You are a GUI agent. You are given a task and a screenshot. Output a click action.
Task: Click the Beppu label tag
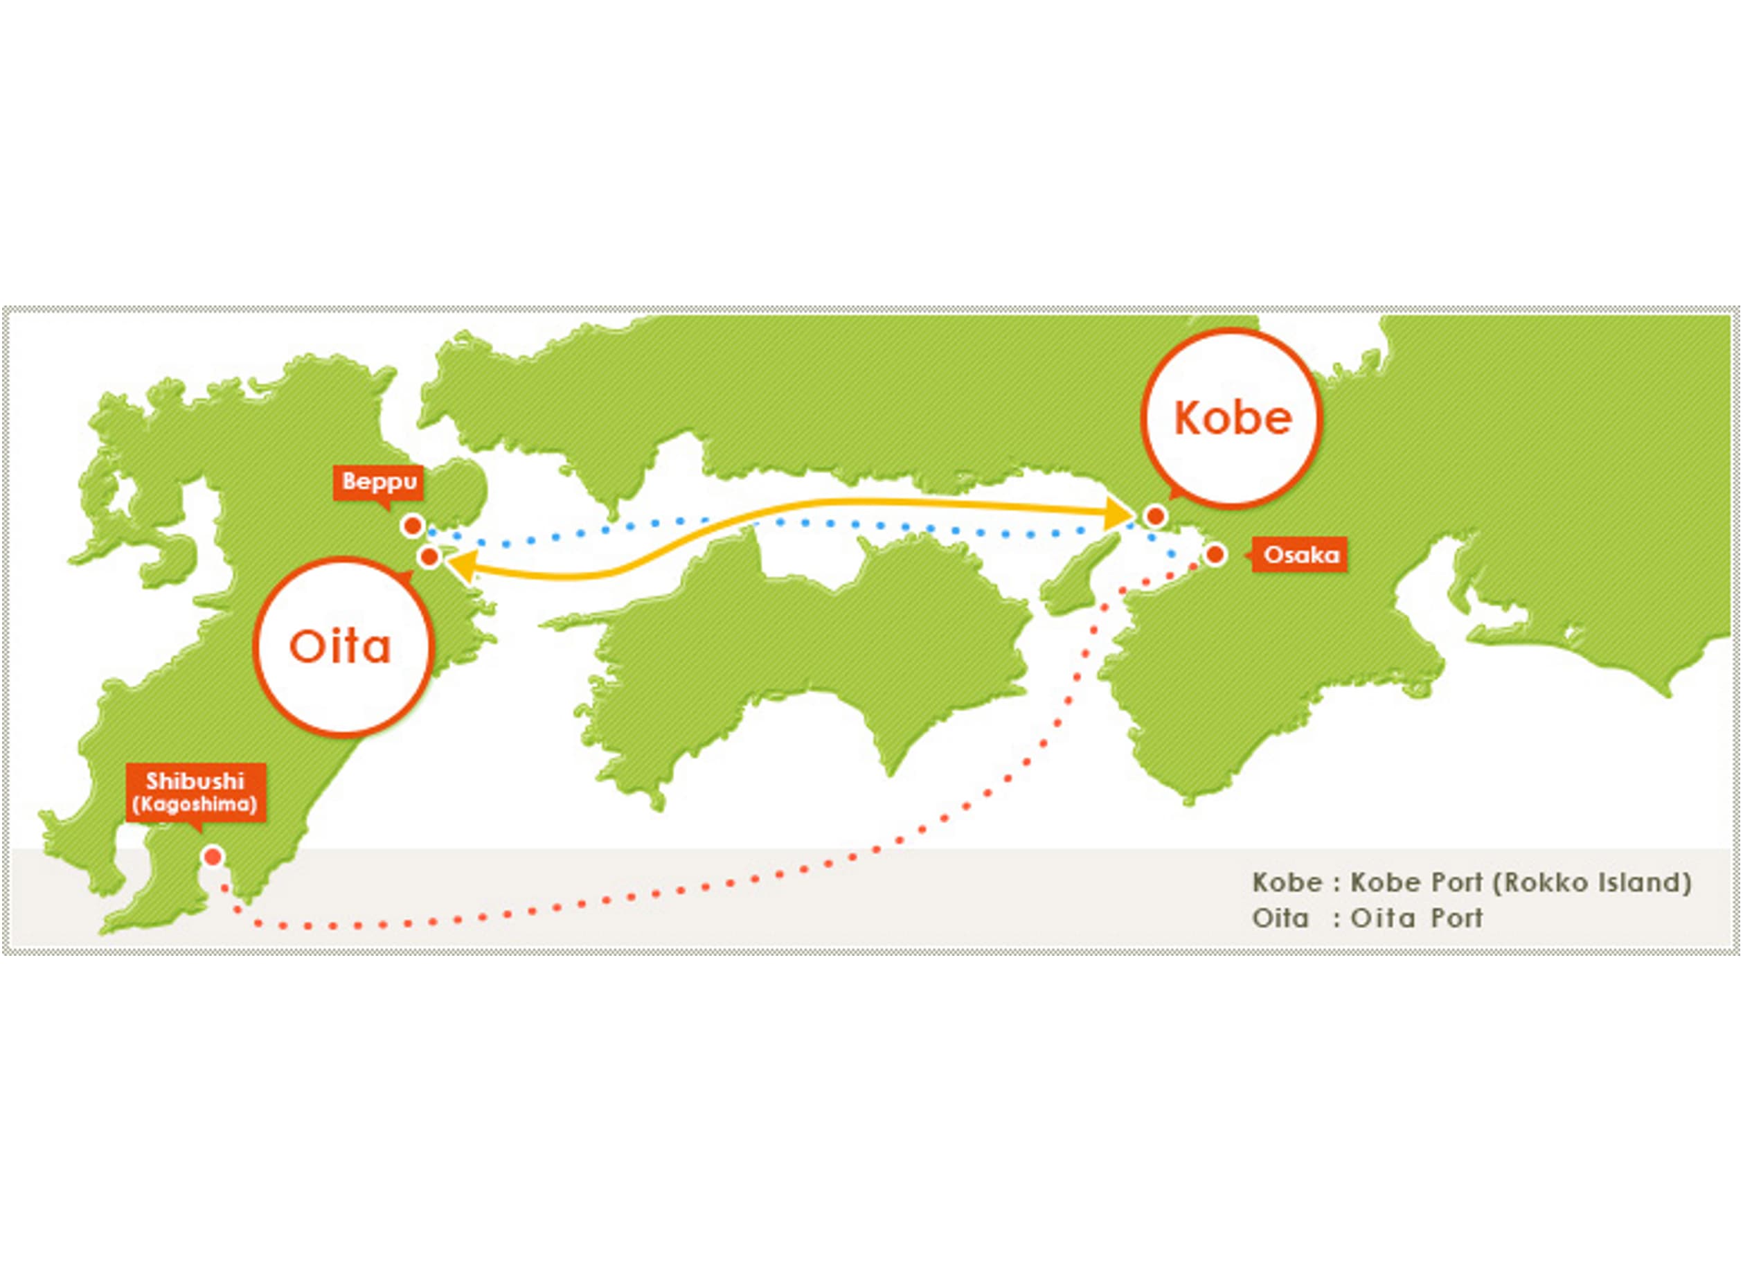click(x=378, y=484)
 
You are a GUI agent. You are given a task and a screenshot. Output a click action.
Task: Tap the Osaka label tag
click(x=1300, y=554)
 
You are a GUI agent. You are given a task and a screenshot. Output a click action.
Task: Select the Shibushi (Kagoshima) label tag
click(x=195, y=794)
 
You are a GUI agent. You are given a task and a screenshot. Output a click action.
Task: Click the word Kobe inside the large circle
click(x=1233, y=418)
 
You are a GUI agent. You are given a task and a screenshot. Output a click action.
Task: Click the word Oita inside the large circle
click(x=341, y=647)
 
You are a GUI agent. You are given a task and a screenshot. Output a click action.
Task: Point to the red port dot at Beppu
click(x=413, y=526)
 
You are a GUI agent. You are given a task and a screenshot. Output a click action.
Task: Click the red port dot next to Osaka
click(x=1215, y=554)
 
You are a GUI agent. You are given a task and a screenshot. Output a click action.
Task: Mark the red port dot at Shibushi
click(x=213, y=856)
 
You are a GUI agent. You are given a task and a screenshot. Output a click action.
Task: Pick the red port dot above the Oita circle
click(x=429, y=556)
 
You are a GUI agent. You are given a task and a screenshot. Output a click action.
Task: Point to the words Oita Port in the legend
click(x=1417, y=918)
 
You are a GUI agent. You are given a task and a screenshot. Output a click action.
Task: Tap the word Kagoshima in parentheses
click(x=195, y=805)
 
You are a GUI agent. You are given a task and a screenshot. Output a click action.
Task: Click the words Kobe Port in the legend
click(x=1416, y=882)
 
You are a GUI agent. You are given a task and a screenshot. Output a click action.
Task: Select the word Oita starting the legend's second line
click(x=1280, y=918)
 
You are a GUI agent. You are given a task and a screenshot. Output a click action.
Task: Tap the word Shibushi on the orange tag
click(x=195, y=781)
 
